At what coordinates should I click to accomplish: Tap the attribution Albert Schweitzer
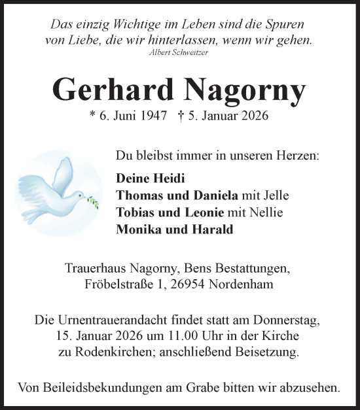coord(179,51)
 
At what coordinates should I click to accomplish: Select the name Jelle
coord(274,195)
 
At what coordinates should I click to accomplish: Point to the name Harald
coord(213,229)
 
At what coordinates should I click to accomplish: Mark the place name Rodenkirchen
coord(105,352)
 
